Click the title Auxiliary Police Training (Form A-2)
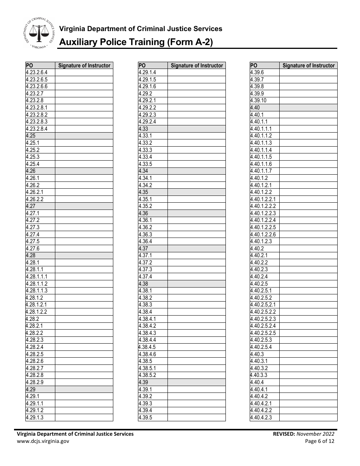[136, 42]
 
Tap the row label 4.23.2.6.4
[37, 72]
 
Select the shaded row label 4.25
[31, 136]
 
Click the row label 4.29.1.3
[34, 418]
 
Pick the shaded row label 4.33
[143, 129]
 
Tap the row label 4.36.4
[145, 241]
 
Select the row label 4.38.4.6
[147, 354]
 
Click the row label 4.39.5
[145, 418]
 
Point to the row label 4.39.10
[258, 100]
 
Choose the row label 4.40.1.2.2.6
[263, 235]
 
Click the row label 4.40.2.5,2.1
[263, 305]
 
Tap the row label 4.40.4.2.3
[261, 418]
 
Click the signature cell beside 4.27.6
[84, 249]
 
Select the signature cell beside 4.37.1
[196, 255]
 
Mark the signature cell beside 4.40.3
[308, 354]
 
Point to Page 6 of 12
[320, 441]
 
